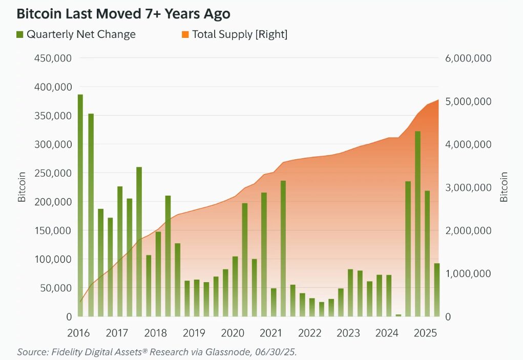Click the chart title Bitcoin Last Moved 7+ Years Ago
click(123, 13)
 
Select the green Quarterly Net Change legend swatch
click(20, 35)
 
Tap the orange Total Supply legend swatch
click(185, 35)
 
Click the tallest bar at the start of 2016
click(80, 205)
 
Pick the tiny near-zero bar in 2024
click(399, 315)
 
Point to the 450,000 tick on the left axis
click(53, 58)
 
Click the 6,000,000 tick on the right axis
click(468, 58)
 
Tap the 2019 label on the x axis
click(194, 333)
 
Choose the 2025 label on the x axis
click(425, 333)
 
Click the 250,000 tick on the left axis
click(53, 173)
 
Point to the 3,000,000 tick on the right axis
click(468, 187)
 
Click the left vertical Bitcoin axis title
click(22, 187)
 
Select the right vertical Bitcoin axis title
click(504, 187)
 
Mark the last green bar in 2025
click(437, 290)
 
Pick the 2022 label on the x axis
click(309, 333)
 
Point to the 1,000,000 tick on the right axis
click(468, 273)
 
